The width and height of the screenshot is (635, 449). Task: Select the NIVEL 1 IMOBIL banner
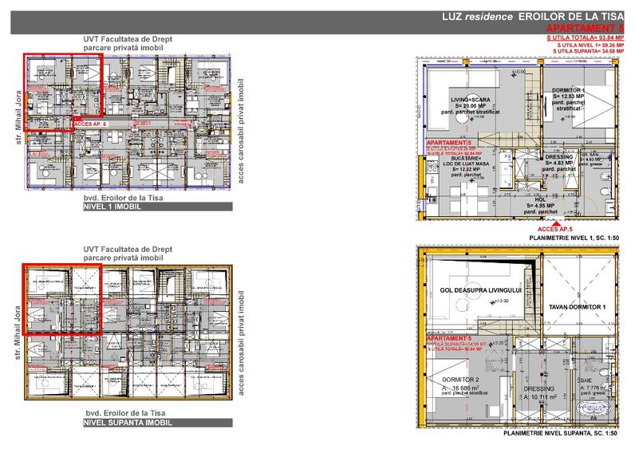pyautogui.click(x=112, y=206)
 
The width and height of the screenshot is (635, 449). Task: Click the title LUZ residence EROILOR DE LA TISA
pyautogui.click(x=529, y=17)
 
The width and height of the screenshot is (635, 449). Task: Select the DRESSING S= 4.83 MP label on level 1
pyautogui.click(x=558, y=162)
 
